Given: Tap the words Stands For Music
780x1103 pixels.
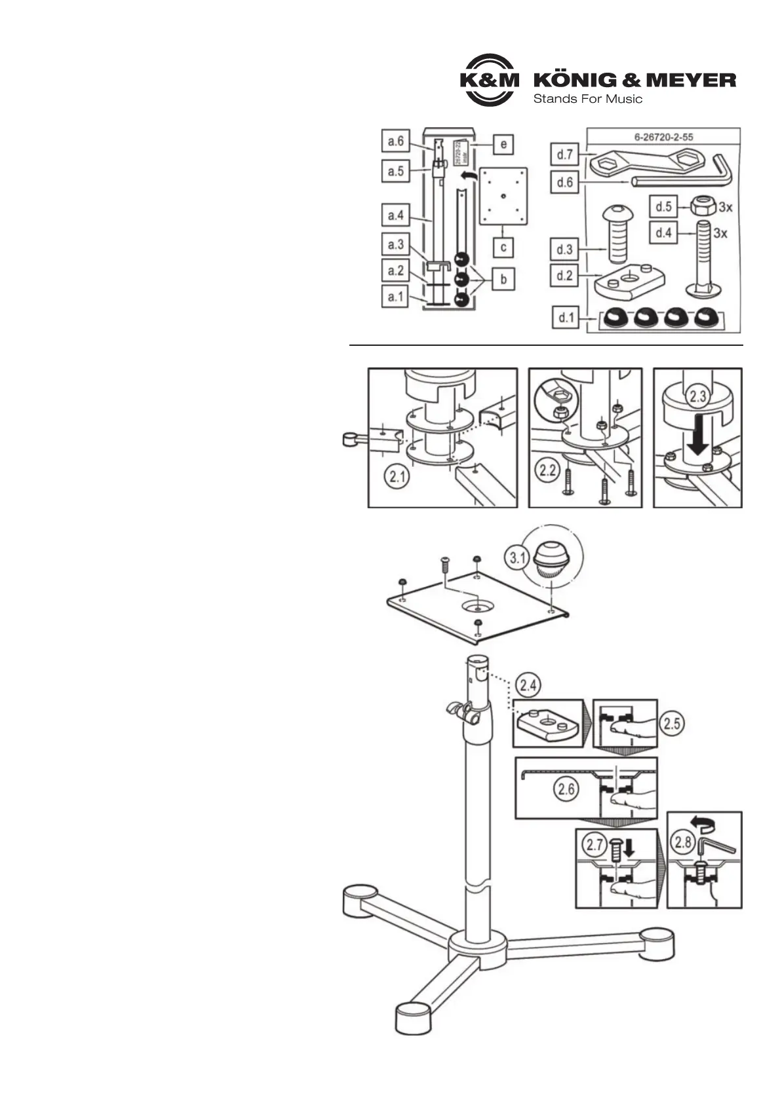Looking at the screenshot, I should point(587,100).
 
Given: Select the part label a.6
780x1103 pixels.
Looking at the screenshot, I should point(395,141).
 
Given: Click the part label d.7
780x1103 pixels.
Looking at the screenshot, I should point(564,155).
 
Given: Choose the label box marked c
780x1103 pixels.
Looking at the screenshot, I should point(503,247).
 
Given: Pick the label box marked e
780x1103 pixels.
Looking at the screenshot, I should point(503,143).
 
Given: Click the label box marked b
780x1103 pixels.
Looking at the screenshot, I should point(503,278).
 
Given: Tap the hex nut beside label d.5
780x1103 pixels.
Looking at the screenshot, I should point(702,206).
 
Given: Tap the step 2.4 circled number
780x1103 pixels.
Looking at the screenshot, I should point(529,686).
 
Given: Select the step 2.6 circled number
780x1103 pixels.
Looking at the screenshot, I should point(566,789).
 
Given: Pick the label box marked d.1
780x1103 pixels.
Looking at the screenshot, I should point(564,319).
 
